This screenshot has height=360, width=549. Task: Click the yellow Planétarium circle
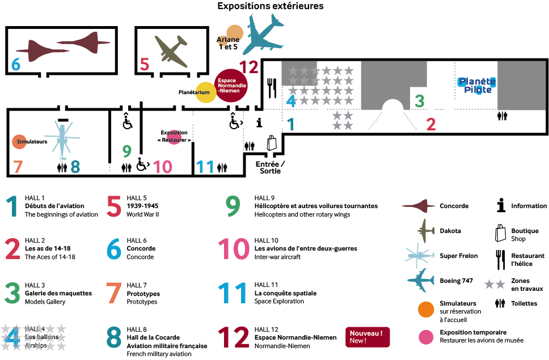tap(206, 92)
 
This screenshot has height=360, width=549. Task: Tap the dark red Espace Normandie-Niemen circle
tap(231, 86)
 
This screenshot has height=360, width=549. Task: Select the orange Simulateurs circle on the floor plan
tap(19, 142)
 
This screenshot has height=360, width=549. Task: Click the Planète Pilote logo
tap(476, 86)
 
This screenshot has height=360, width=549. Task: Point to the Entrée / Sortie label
tap(272, 167)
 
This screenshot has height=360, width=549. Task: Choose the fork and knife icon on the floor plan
tap(272, 88)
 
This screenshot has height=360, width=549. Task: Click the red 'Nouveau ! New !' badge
tap(368, 337)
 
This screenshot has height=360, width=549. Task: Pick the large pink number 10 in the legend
tap(233, 249)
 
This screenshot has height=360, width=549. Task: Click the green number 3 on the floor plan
tap(419, 101)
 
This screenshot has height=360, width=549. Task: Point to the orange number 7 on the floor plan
tap(17, 167)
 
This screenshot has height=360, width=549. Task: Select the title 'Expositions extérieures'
tap(271, 6)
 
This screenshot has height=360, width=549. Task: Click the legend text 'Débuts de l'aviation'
tap(54, 206)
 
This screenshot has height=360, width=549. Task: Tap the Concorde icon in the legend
tap(419, 206)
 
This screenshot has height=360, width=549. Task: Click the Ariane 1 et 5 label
tap(228, 43)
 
